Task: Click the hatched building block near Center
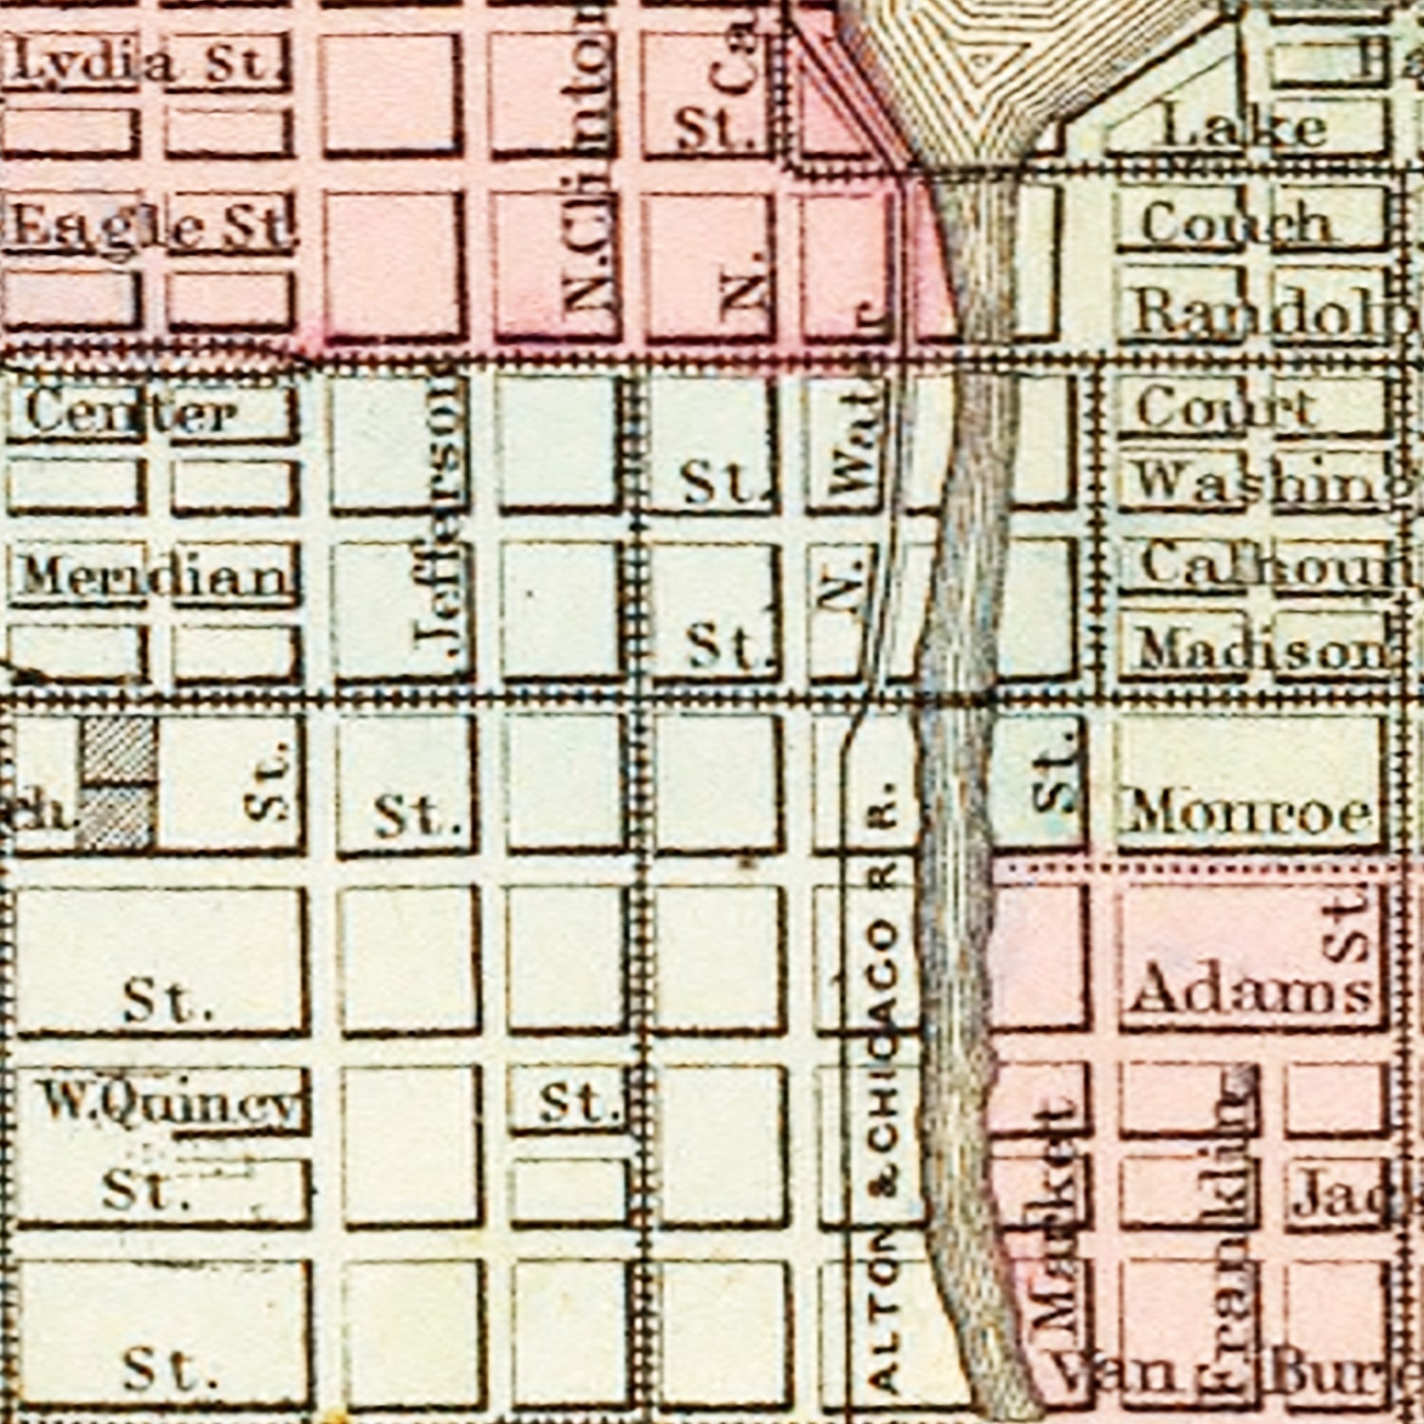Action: click(117, 783)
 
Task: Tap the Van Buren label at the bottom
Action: click(1234, 1372)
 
